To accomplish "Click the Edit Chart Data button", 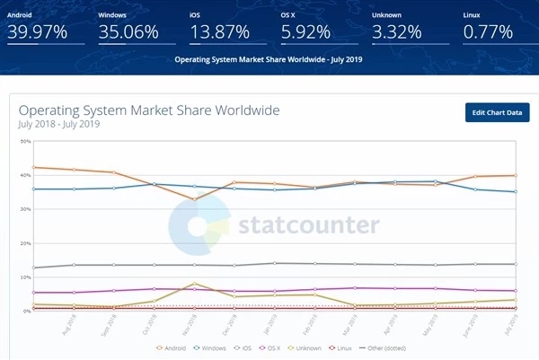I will (x=497, y=112).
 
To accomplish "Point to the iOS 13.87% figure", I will (x=220, y=32).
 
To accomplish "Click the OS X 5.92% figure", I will (x=308, y=32).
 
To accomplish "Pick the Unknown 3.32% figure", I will (x=398, y=32).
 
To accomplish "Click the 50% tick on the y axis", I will (x=25, y=141).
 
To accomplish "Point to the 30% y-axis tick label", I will (x=25, y=209).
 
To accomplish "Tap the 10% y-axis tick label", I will (x=25, y=277).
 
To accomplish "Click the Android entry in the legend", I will (x=176, y=347).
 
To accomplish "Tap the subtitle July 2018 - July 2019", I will (x=59, y=124).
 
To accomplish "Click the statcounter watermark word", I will (x=308, y=224).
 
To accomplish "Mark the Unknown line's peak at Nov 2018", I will (x=195, y=283).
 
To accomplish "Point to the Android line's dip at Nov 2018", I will (x=195, y=199).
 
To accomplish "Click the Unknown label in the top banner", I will (x=387, y=15).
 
